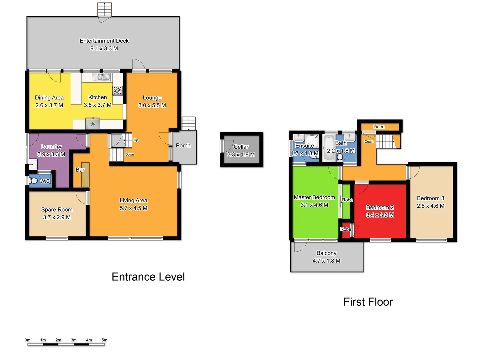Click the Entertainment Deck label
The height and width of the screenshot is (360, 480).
104,41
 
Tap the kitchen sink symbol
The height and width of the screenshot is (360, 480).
101,77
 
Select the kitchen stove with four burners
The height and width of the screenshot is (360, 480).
118,91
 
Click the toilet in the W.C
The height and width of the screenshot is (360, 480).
33,181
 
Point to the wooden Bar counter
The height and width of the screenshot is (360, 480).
85,175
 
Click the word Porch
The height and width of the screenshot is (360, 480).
183,146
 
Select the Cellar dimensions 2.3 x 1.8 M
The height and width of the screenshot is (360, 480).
241,155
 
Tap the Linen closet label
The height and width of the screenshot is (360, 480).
379,127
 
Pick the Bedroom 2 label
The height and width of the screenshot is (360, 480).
380,207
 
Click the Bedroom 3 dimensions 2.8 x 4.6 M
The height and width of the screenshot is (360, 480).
430,206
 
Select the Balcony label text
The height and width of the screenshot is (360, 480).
326,253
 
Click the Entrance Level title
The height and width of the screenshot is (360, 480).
148,277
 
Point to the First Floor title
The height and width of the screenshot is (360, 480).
368,302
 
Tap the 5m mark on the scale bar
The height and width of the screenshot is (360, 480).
104,340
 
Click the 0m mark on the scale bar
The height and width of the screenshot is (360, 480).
28,340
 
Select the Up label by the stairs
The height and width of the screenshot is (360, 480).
136,140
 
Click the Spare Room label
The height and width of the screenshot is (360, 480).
57,210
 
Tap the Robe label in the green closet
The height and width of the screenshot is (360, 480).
347,200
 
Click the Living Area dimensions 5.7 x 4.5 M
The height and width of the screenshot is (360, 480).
133,208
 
